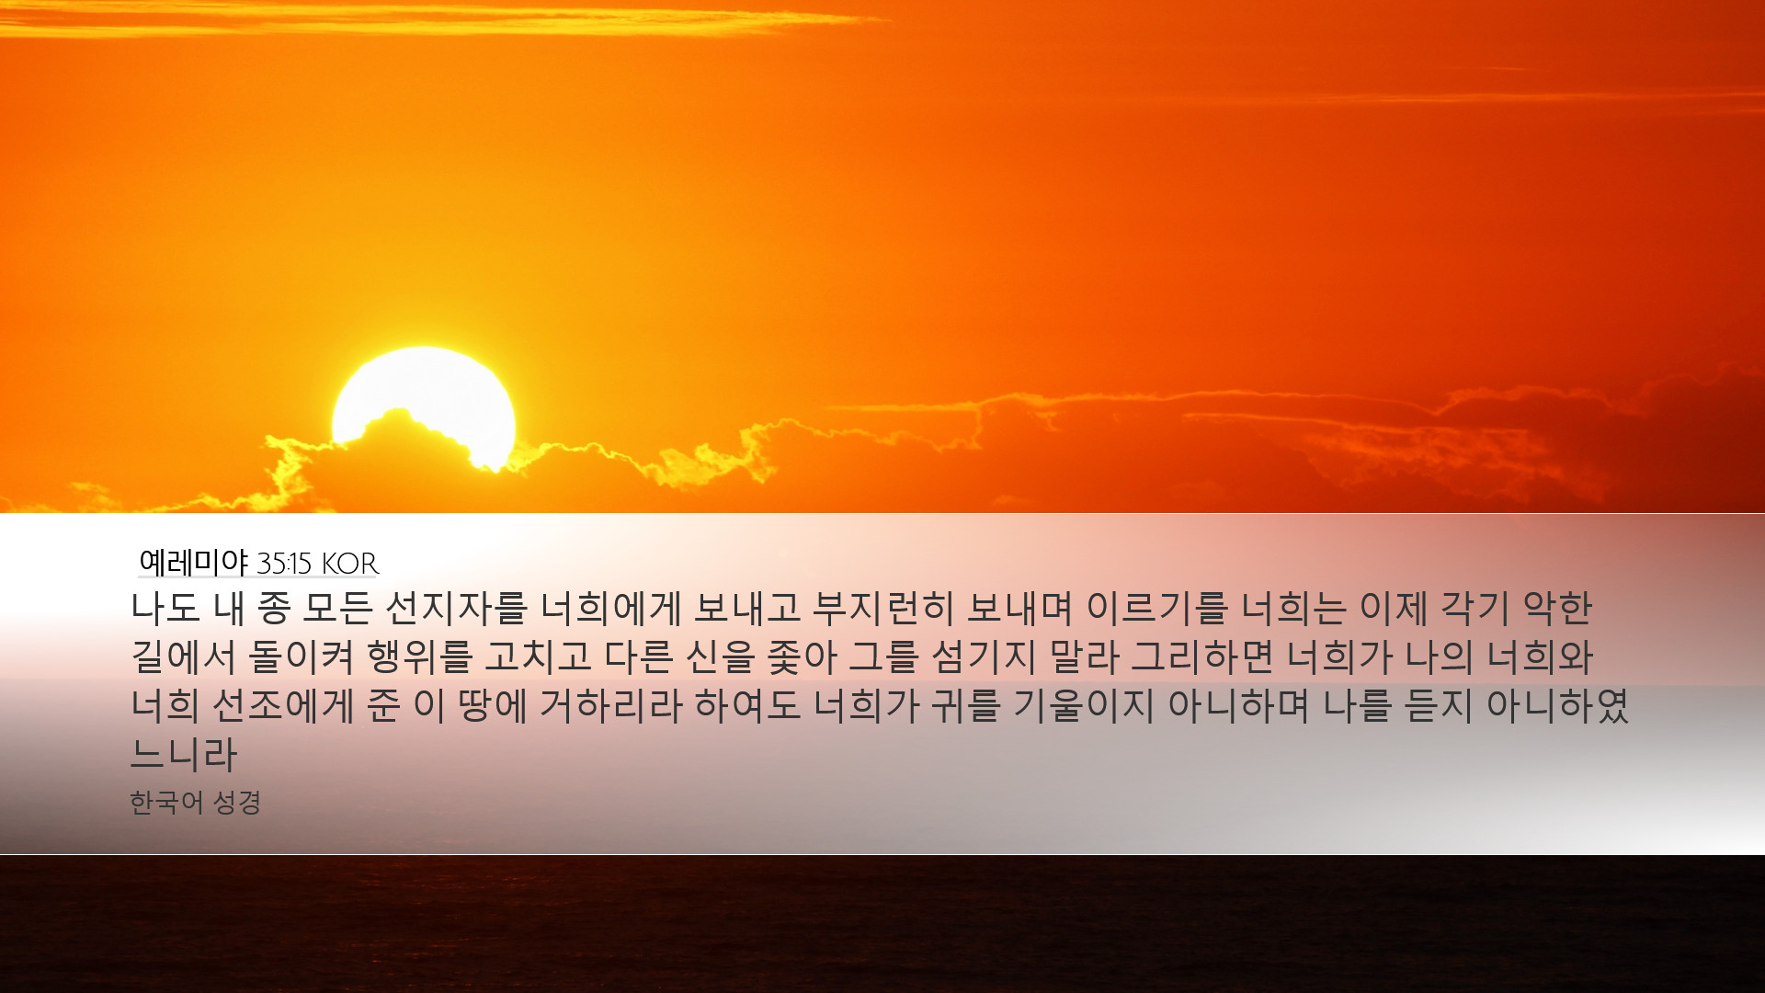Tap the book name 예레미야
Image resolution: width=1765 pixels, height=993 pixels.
point(193,562)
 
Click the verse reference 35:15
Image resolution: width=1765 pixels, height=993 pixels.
point(285,563)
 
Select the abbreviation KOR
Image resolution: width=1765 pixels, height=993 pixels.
point(350,563)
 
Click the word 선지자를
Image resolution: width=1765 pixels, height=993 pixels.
point(456,607)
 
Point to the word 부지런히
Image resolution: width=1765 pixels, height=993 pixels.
point(883,607)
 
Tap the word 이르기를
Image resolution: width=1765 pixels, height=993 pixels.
point(1156,607)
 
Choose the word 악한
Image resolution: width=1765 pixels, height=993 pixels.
point(1557,607)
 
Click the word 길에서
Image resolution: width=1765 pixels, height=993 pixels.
point(184,656)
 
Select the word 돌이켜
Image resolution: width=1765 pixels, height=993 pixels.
point(302,656)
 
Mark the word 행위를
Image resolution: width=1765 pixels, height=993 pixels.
point(419,656)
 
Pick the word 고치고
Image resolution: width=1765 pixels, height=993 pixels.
point(538,656)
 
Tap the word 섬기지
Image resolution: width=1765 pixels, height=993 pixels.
point(984,656)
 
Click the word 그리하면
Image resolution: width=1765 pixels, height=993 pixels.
point(1201,656)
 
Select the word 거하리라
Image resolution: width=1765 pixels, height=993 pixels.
point(610,705)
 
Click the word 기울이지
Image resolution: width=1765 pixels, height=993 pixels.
point(1083,705)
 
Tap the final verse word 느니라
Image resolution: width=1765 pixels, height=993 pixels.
point(184,755)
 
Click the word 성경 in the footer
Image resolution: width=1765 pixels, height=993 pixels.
point(237,803)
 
